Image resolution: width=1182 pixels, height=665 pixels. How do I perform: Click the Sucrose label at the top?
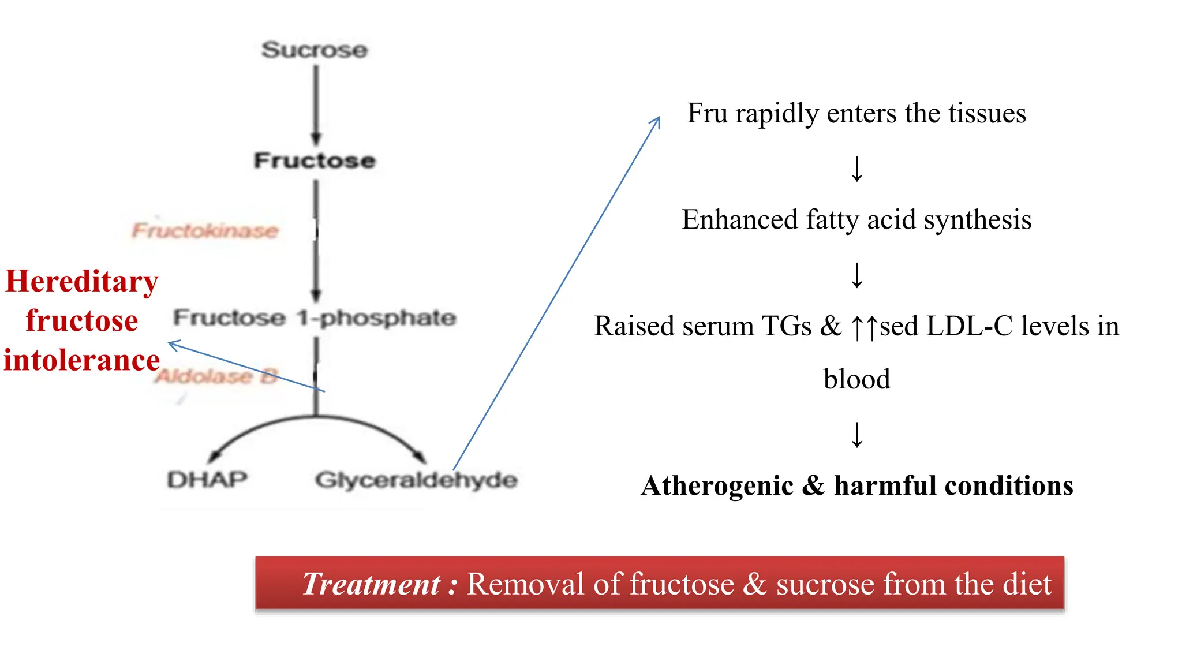[315, 50]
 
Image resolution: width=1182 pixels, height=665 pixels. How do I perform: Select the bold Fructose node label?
[315, 160]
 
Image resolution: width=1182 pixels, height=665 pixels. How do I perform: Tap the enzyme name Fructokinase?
[205, 231]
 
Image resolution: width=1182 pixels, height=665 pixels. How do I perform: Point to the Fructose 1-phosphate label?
[315, 317]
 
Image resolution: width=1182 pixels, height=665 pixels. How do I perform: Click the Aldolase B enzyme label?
[217, 376]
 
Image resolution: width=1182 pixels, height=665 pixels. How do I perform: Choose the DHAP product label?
[207, 480]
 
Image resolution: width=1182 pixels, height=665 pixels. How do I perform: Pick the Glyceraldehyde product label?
[416, 480]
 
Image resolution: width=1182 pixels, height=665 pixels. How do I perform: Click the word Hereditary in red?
[81, 282]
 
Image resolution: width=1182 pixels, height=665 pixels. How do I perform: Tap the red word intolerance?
[81, 360]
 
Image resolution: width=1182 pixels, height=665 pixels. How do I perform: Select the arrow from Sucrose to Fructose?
[316, 104]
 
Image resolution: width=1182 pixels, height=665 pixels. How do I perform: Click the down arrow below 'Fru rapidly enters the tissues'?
[857, 169]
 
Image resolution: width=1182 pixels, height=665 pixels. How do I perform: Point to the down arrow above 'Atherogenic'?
[857, 435]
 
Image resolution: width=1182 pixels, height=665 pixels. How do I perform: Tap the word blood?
[856, 379]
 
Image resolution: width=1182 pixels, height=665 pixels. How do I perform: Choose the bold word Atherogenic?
[717, 485]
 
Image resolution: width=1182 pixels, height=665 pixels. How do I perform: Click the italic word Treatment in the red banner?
[371, 584]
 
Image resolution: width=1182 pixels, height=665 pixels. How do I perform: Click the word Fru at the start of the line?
[707, 113]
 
